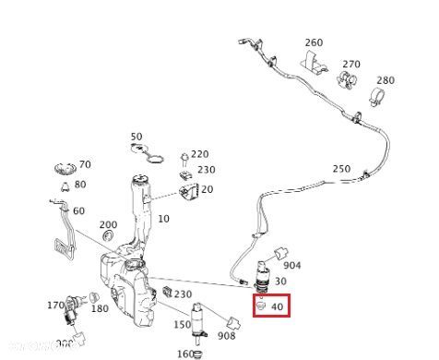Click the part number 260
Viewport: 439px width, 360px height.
(x=314, y=43)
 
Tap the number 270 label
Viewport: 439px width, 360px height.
(x=351, y=65)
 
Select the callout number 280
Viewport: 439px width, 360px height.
(x=385, y=80)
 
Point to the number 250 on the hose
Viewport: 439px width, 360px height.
(x=341, y=169)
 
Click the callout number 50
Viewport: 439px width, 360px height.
(x=136, y=137)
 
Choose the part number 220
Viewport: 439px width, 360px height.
(x=200, y=155)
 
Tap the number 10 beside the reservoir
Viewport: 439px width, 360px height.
(x=164, y=219)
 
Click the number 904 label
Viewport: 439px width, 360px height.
(x=291, y=266)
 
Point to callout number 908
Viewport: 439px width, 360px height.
(x=225, y=336)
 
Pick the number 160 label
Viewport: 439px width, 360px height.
(x=184, y=354)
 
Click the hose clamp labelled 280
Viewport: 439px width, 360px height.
(x=377, y=95)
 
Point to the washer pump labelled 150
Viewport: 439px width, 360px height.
(x=196, y=318)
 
